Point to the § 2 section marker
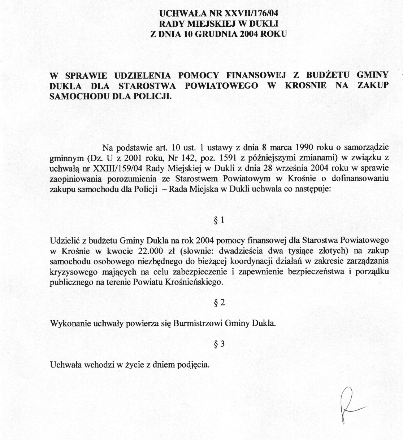pyautogui.click(x=220, y=303)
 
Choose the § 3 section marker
pyautogui.click(x=220, y=344)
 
